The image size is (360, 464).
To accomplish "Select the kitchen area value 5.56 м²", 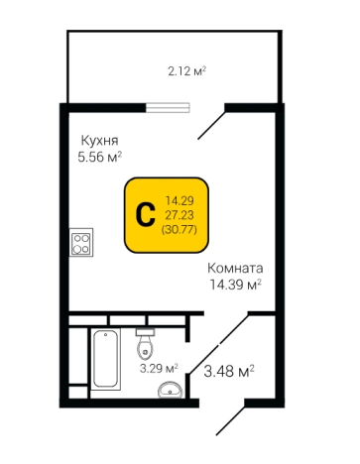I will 99,157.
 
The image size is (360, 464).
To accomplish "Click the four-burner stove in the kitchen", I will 82,243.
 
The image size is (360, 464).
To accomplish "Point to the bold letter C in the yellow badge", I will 143,213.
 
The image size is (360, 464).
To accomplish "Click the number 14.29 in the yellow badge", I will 179,199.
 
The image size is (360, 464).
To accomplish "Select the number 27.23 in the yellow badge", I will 179,213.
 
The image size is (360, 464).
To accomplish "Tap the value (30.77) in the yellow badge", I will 179,228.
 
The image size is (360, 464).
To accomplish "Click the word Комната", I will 234,268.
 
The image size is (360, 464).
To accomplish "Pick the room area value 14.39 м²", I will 234,284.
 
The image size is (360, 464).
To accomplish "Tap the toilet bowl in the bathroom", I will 147,348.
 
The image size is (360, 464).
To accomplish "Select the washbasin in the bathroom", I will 171,389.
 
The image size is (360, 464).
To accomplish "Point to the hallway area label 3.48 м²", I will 228,372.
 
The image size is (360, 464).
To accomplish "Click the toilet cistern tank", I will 147,331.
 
